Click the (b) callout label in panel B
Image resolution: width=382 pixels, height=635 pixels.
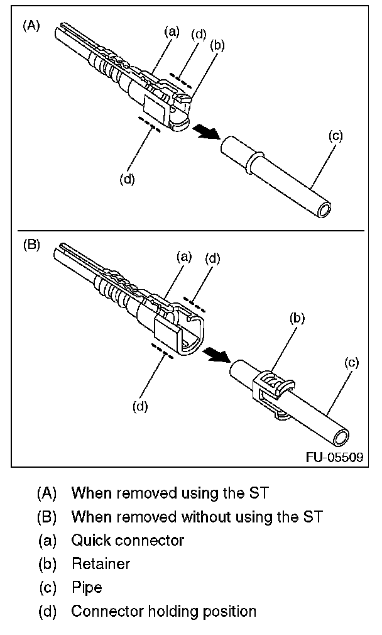pyautogui.click(x=297, y=317)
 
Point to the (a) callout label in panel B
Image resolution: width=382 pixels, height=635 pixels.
pyautogui.click(x=183, y=256)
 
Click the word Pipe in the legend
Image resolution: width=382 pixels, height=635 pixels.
pyautogui.click(x=87, y=587)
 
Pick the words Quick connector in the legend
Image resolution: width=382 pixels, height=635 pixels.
pyautogui.click(x=128, y=539)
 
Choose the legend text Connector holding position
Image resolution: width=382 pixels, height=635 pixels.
pyautogui.click(x=163, y=611)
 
